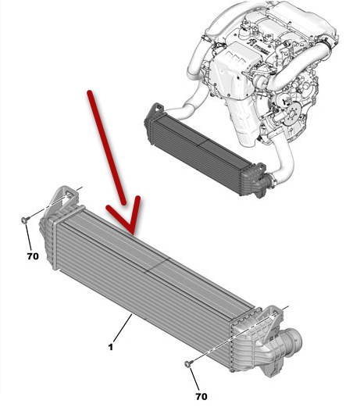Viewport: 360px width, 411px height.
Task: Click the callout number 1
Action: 111,347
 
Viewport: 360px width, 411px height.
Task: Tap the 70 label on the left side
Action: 33,256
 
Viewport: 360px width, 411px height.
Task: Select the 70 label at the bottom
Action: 201,397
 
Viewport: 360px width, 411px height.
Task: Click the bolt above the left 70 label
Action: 25,220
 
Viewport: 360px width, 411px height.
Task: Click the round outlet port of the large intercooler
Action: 294,341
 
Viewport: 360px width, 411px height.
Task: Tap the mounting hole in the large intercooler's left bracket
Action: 70,195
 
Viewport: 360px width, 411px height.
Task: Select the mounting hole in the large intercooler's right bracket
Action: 275,313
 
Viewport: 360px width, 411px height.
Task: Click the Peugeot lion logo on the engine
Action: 251,43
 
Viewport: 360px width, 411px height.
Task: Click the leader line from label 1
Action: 123,328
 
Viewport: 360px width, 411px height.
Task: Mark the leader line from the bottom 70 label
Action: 194,379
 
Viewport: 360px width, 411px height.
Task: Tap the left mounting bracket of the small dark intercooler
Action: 157,109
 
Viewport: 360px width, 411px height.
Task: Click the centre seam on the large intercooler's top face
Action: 157,265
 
